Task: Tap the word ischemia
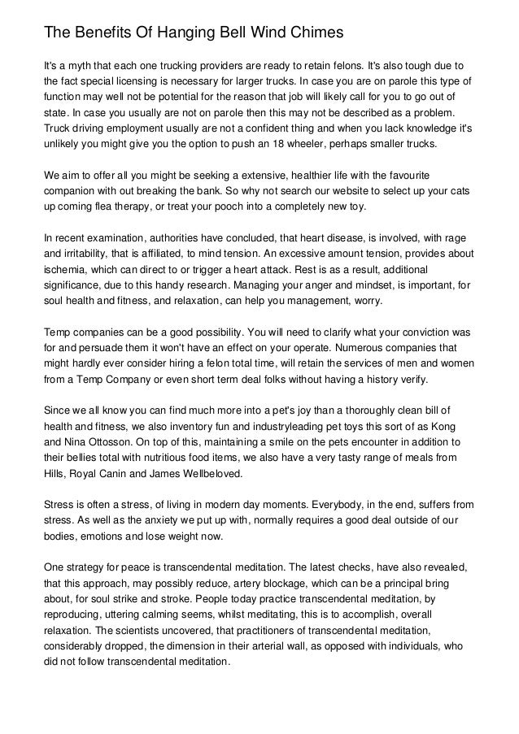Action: click(68, 272)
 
